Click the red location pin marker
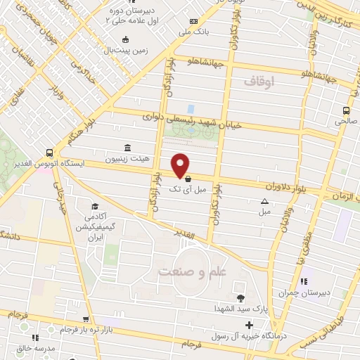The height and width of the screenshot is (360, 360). pyautogui.click(x=181, y=164)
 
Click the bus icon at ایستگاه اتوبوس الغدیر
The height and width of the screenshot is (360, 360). pyautogui.click(x=49, y=152)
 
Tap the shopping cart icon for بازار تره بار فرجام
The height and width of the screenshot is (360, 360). pyautogui.click(x=86, y=319)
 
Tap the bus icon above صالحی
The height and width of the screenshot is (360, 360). pyautogui.click(x=345, y=110)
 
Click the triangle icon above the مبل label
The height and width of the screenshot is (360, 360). pyautogui.click(x=264, y=200)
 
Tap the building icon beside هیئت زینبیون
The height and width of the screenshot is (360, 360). pyautogui.click(x=127, y=148)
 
